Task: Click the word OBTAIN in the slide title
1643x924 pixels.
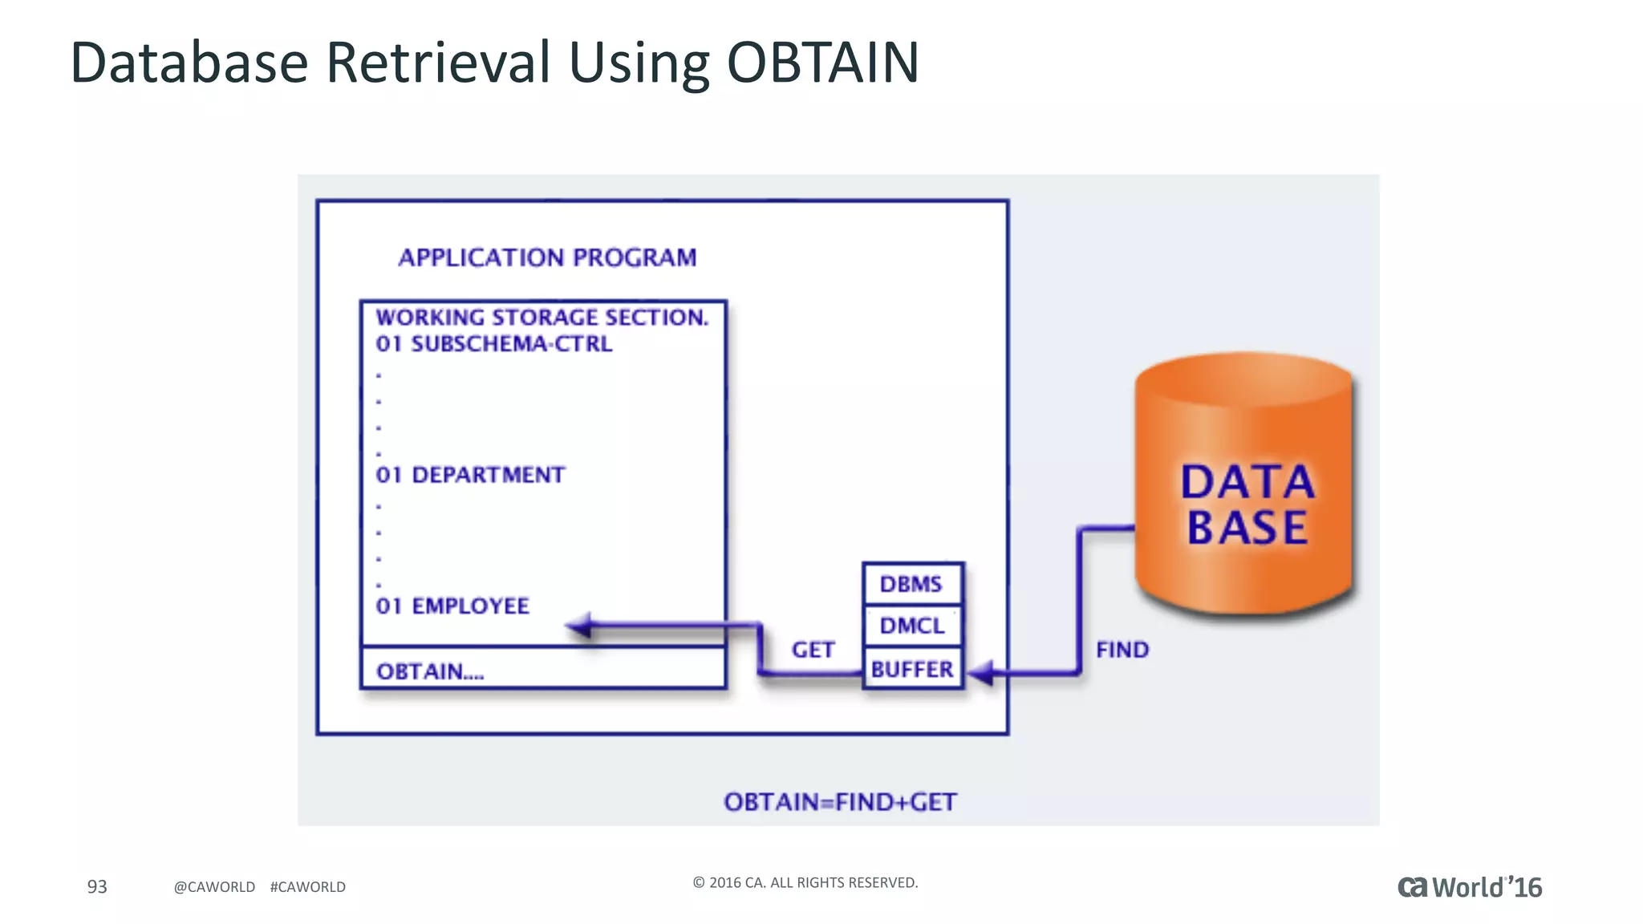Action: coord(822,63)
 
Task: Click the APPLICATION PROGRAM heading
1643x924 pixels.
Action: coord(547,257)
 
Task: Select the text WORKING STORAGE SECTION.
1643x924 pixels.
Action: coord(542,318)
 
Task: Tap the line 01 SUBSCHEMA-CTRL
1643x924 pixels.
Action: coord(493,344)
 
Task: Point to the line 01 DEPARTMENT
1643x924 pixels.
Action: coord(470,475)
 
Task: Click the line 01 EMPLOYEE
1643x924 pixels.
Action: coord(452,606)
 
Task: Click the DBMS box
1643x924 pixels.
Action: coord(912,584)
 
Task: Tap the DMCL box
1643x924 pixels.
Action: coord(912,626)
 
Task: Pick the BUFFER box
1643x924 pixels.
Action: coord(912,669)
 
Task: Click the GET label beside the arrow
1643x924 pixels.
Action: coord(813,650)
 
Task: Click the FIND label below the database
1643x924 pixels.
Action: coord(1122,650)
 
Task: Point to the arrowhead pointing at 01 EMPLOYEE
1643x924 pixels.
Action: coord(579,626)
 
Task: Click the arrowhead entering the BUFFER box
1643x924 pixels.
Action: coord(980,672)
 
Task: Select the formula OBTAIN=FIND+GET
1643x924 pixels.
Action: coord(840,802)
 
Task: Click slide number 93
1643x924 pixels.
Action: coord(97,886)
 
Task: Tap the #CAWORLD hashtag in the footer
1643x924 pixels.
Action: coord(308,887)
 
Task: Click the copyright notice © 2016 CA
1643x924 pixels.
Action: coord(805,882)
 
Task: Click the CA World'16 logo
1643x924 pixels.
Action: coord(1469,887)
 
